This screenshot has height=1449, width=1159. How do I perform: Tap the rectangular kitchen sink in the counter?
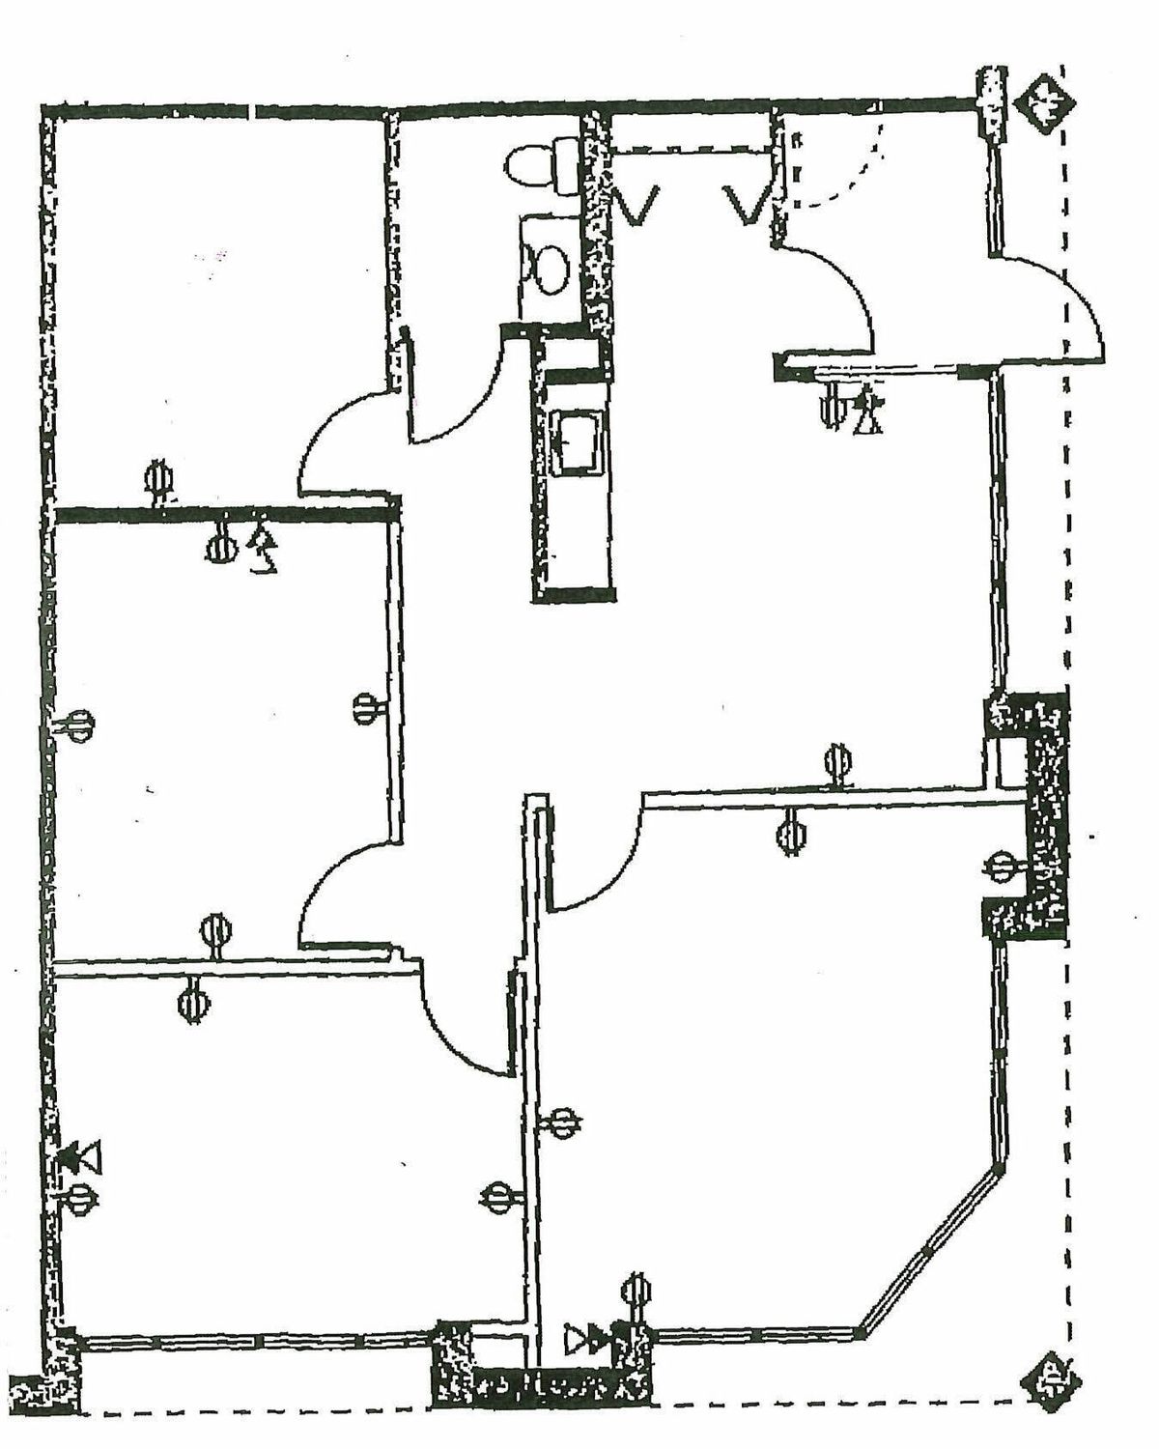(x=577, y=441)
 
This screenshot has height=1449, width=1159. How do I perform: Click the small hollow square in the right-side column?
(x=1007, y=763)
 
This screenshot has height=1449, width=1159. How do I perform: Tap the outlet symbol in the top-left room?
(x=158, y=480)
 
